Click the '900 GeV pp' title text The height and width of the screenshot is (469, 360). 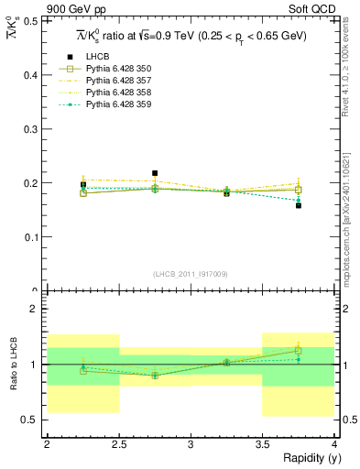[73, 7]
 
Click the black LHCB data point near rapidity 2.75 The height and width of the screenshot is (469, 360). [155, 172]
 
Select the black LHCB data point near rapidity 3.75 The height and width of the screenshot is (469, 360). [299, 205]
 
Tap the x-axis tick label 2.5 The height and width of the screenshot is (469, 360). [118, 444]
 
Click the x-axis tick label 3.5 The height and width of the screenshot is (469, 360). [262, 444]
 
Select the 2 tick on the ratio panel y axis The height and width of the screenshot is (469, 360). [37, 310]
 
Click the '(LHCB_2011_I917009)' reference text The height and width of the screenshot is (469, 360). [191, 274]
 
